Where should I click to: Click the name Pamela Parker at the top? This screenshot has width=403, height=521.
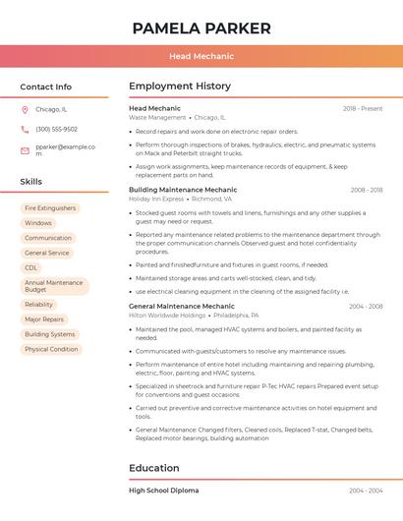coord(201,29)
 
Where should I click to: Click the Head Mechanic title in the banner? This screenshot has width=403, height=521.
coord(201,57)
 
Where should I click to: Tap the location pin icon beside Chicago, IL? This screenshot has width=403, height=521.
coord(25,109)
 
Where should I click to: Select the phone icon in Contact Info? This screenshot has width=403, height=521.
coord(25,129)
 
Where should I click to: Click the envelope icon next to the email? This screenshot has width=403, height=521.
coord(25,150)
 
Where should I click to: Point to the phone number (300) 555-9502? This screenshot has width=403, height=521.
coord(56,129)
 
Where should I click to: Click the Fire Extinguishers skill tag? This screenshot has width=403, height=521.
coord(50,208)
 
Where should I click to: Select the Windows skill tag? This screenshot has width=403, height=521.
coord(38,223)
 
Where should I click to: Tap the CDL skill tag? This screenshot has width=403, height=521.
coord(31,267)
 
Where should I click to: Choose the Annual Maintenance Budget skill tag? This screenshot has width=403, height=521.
coord(54,286)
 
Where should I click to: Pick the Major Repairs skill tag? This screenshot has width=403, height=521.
coord(44,319)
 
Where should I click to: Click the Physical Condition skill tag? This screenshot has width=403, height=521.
coord(51,349)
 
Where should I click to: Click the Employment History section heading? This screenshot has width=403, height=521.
coord(180,87)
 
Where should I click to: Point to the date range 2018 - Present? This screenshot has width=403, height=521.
coord(363,108)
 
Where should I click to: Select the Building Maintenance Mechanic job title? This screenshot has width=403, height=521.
coord(183,190)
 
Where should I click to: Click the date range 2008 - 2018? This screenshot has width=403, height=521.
coord(366,190)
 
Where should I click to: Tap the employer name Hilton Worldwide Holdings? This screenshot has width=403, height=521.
coord(167,316)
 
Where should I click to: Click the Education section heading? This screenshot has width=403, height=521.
coord(154,468)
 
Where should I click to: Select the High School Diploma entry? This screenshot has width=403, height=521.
coord(163,490)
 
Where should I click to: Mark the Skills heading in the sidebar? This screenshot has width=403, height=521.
coord(31,182)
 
